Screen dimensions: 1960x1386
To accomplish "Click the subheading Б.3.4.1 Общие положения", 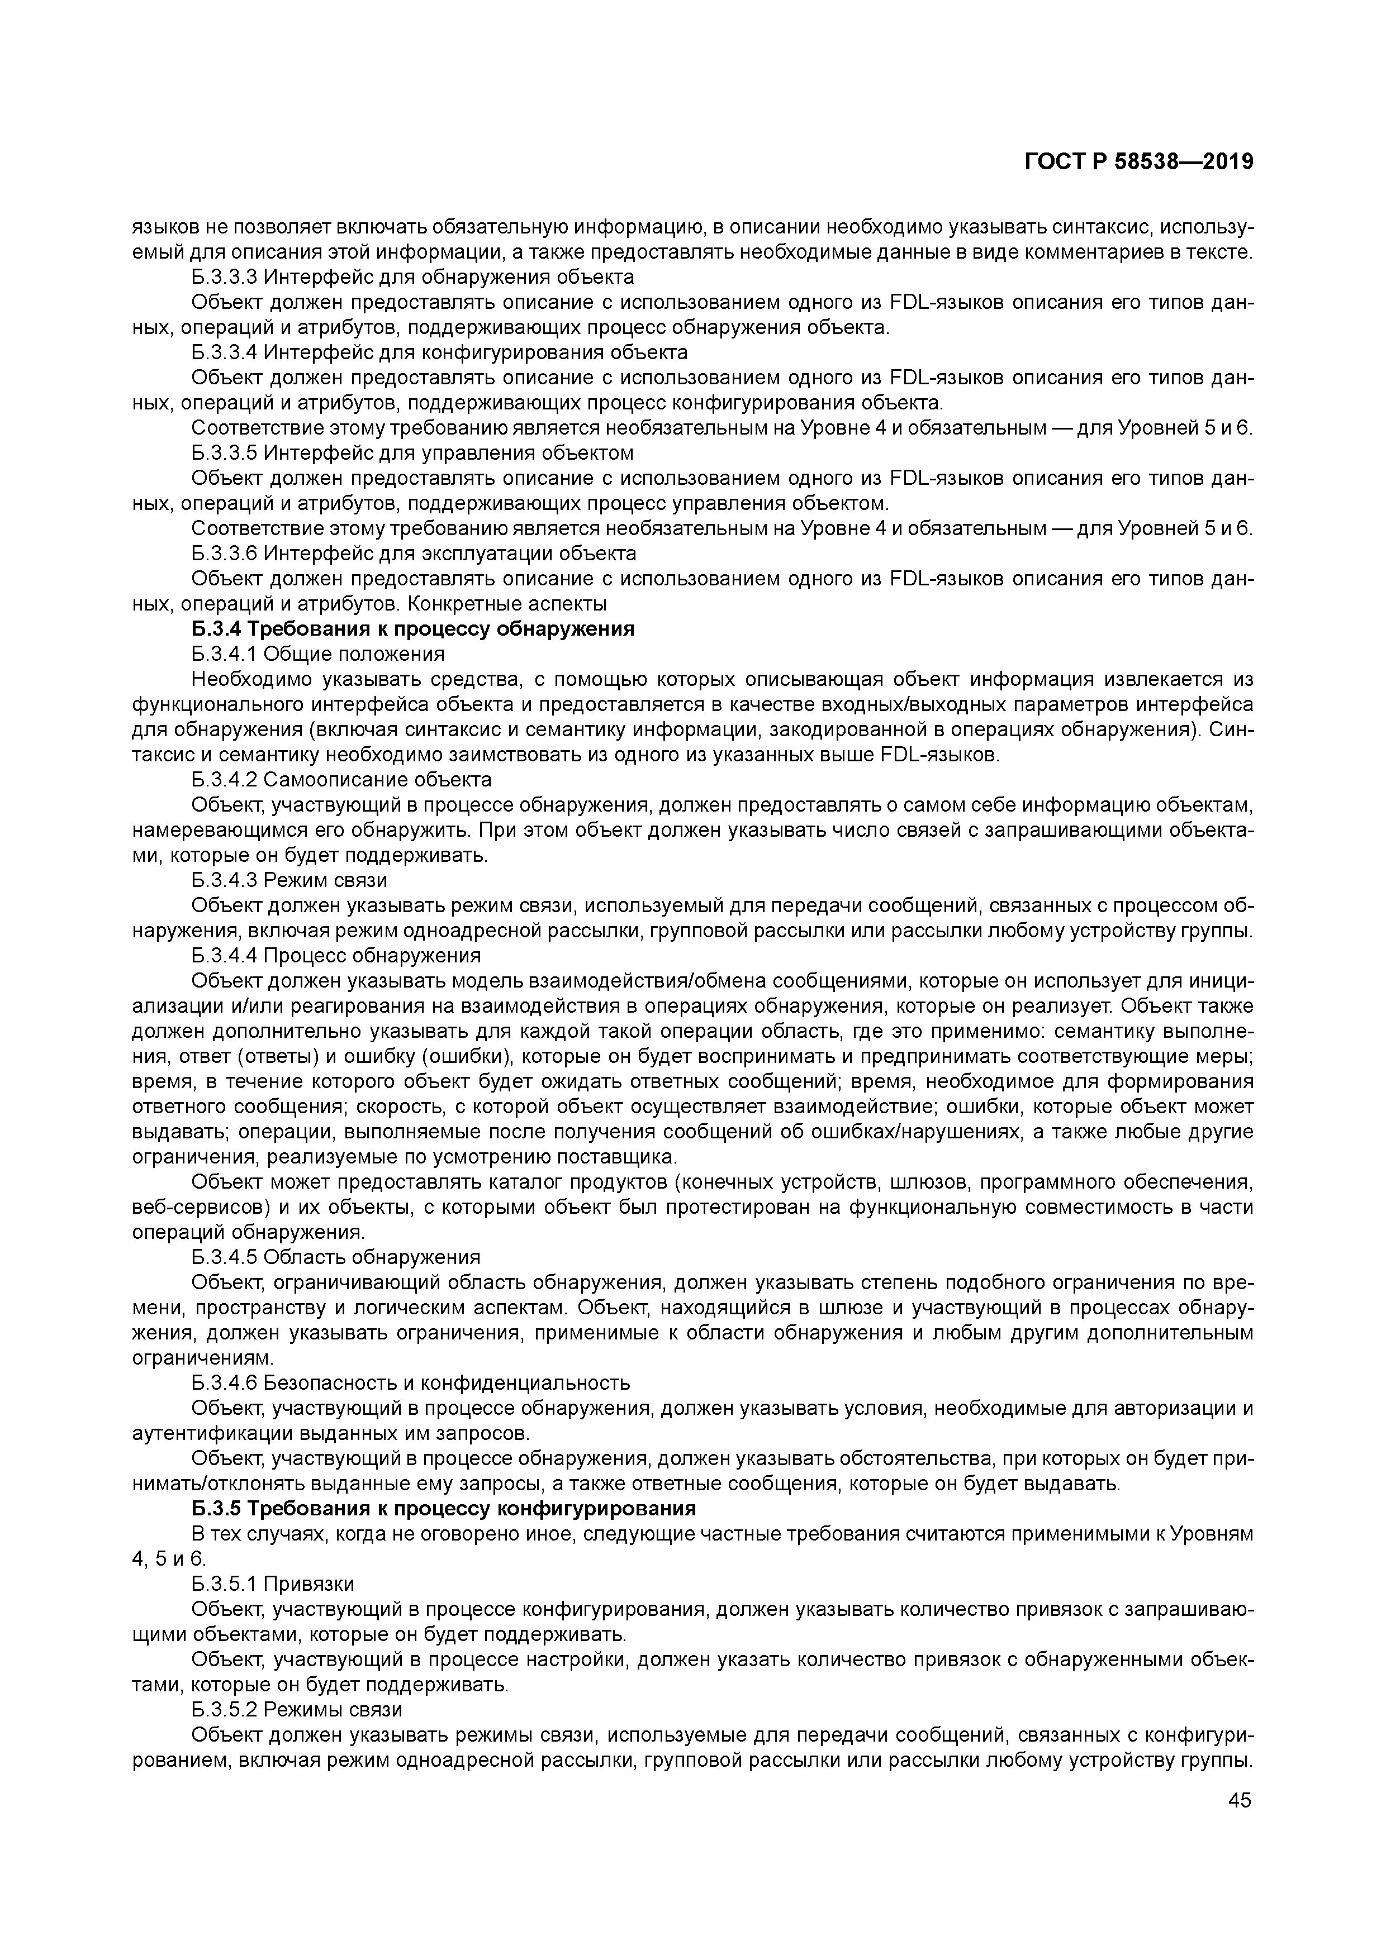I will (317, 655).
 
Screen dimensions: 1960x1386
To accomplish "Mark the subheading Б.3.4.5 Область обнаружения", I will (336, 1257).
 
